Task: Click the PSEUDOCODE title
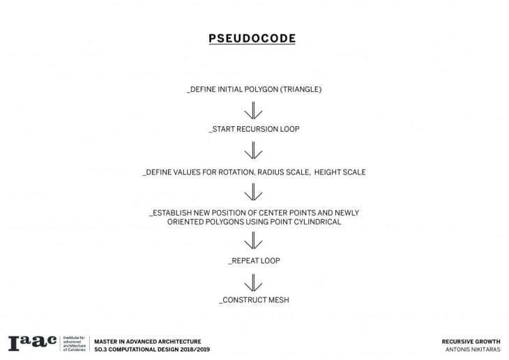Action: tap(252, 38)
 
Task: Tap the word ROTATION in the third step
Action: tap(236, 172)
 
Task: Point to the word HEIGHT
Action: tap(326, 172)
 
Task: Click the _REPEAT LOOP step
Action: tap(254, 260)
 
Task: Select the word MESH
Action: tap(279, 300)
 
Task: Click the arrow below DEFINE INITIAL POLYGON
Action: tap(253, 110)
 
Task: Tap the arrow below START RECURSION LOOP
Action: tap(253, 150)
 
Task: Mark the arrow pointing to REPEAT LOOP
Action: tap(253, 240)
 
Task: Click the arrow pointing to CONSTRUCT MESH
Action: tap(253, 283)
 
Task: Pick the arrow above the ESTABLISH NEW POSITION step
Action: tap(253, 192)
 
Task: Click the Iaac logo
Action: tap(33, 343)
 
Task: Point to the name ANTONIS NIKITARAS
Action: tap(473, 350)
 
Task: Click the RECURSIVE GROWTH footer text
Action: tap(471, 341)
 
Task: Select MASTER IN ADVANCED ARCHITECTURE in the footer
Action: tap(148, 341)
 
